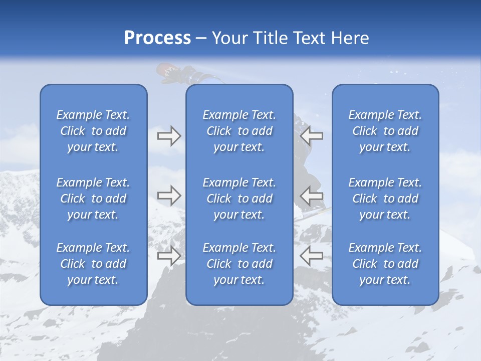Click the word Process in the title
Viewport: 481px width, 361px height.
[157, 38]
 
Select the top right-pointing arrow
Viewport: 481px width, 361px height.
[169, 136]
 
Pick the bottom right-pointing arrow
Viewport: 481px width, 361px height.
[169, 256]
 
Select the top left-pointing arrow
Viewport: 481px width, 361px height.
[312, 136]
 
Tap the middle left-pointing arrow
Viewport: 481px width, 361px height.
[312, 195]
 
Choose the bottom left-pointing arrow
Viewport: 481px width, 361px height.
[312, 256]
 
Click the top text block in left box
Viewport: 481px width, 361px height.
[93, 131]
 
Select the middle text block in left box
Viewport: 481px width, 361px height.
[93, 199]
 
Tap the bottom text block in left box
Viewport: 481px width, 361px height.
[93, 264]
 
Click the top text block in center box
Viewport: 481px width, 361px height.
[239, 131]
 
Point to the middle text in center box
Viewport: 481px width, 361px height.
[239, 199]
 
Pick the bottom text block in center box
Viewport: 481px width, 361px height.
[239, 264]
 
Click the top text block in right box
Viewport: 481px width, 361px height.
[385, 131]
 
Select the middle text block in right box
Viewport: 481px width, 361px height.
[385, 199]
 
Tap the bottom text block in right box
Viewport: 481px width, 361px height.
[385, 264]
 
